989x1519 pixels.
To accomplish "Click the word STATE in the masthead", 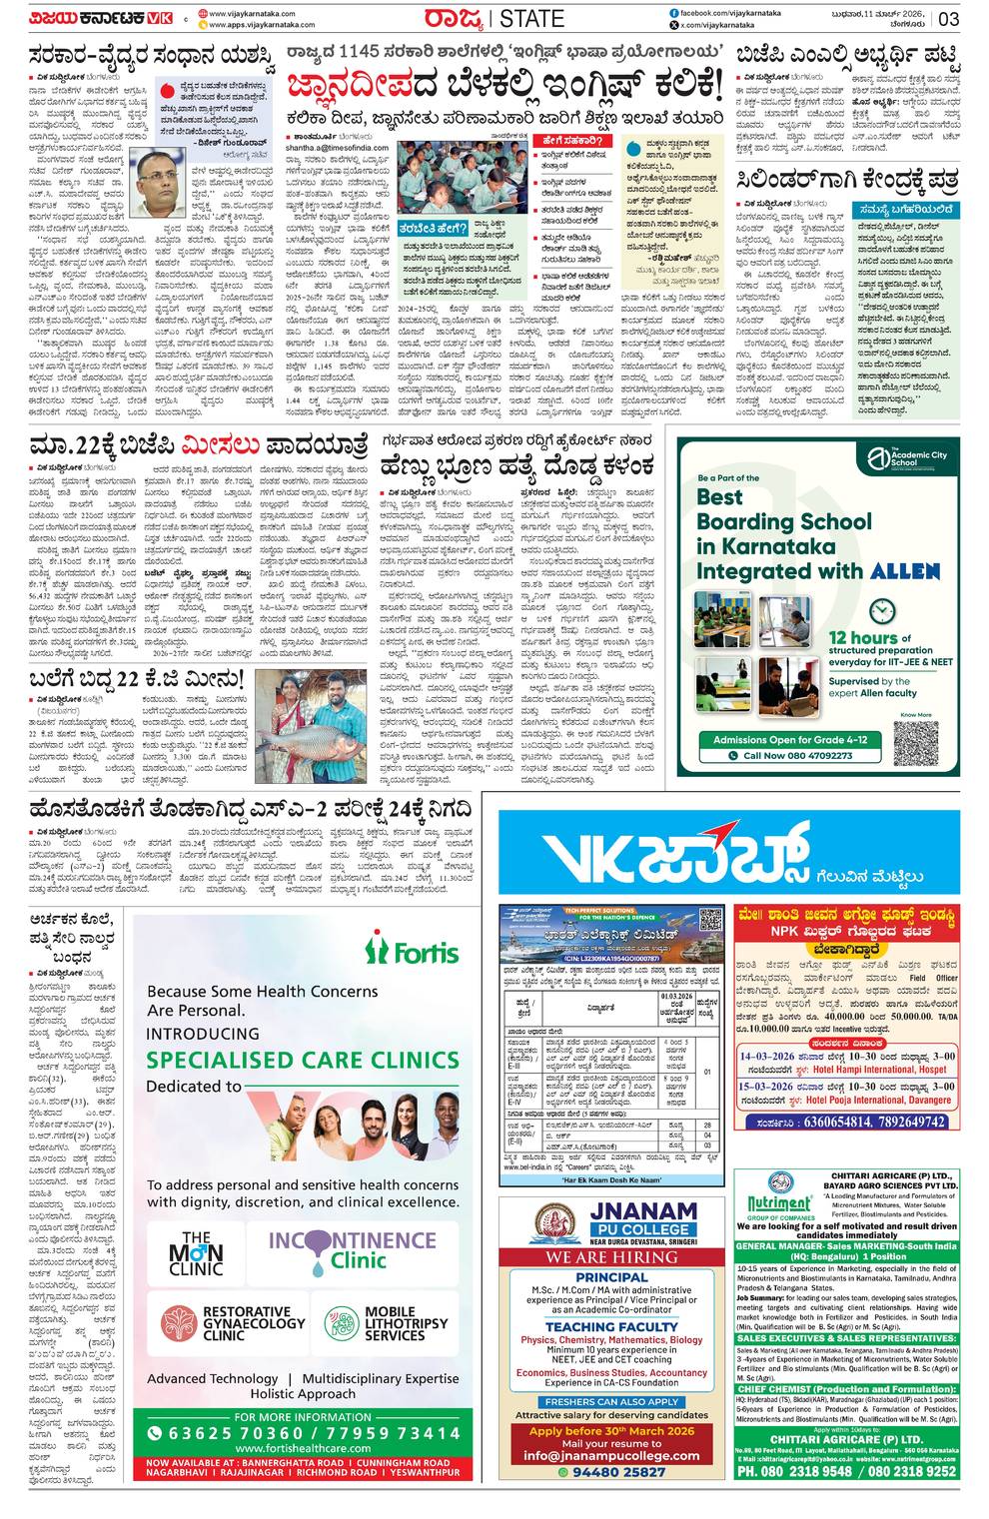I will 530,19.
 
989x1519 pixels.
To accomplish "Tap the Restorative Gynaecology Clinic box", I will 233,1323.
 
